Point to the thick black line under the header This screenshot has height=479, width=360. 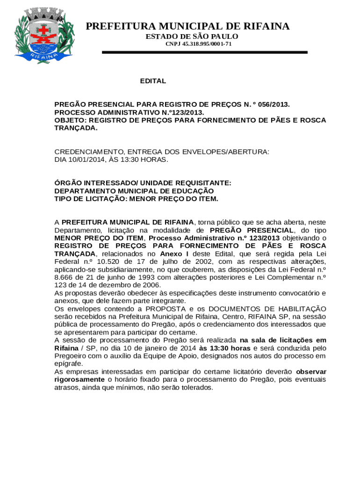click(x=205, y=52)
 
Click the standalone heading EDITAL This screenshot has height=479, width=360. click(x=153, y=81)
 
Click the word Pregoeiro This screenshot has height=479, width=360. click(x=72, y=356)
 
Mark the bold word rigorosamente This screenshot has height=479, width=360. click(x=79, y=379)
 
